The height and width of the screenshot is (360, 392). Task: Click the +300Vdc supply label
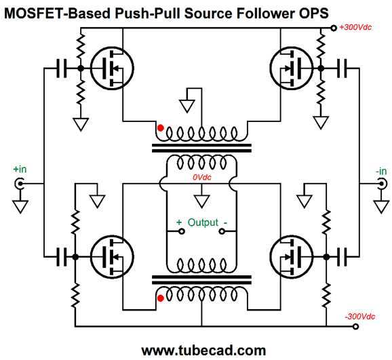click(355, 27)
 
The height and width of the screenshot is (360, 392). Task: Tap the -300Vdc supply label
click(359, 317)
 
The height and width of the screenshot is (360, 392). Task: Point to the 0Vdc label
click(201, 177)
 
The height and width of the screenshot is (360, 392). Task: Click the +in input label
click(20, 169)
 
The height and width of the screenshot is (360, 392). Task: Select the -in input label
click(381, 172)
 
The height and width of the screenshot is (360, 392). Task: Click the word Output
click(203, 222)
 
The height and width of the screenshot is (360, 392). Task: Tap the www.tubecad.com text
click(203, 351)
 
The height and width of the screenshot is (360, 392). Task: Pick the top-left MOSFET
click(112, 68)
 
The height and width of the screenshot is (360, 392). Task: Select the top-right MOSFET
click(292, 68)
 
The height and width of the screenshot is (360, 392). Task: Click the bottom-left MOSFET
click(112, 257)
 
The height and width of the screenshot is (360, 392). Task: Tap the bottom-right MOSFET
click(292, 257)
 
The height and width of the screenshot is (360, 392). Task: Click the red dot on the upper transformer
click(161, 128)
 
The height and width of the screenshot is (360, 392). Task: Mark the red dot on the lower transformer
click(161, 298)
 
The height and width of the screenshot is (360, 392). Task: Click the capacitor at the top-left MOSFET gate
click(62, 68)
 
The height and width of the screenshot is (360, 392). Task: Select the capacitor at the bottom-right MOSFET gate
click(342, 257)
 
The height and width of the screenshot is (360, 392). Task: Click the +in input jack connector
click(20, 184)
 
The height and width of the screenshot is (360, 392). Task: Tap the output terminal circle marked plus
click(182, 231)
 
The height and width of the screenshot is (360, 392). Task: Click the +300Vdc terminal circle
click(334, 28)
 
